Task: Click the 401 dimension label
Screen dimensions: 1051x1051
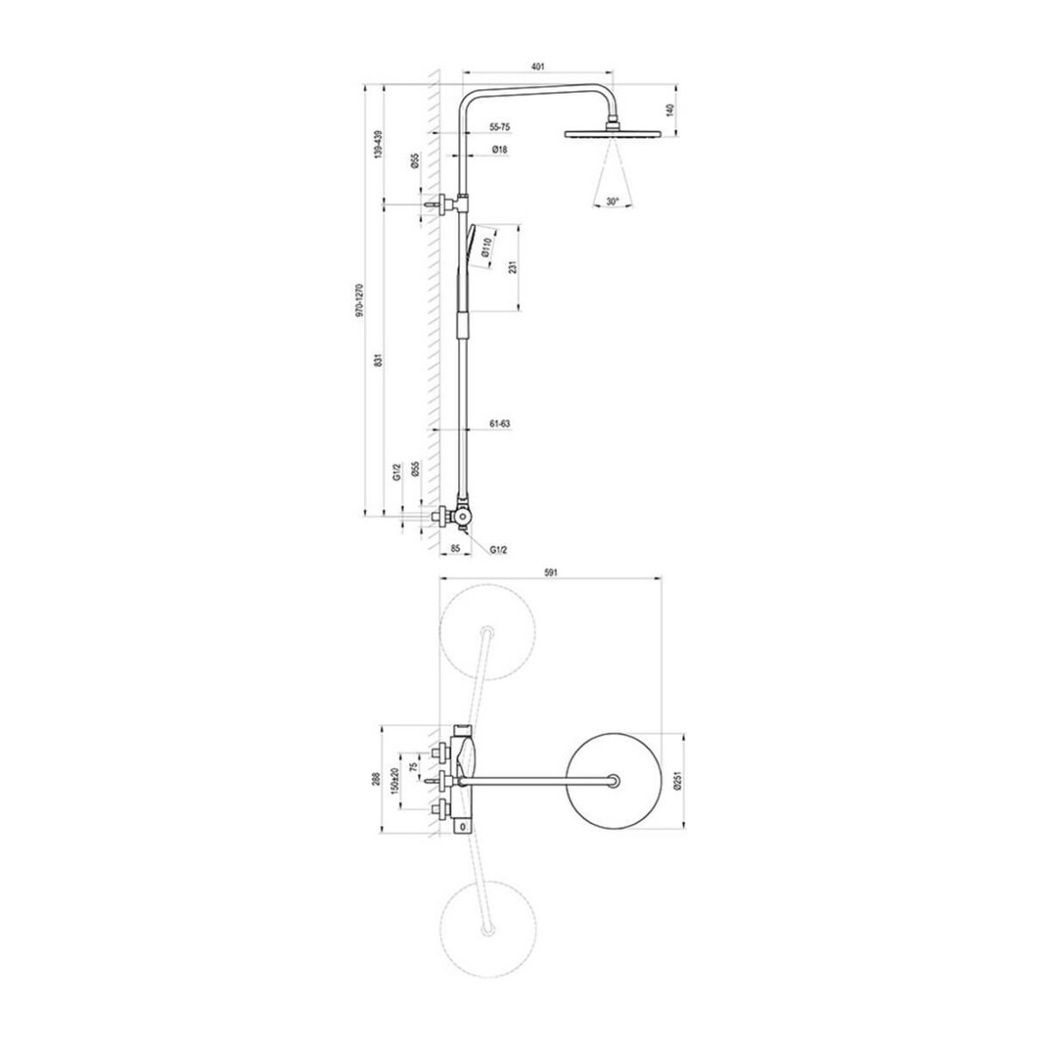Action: click(x=537, y=67)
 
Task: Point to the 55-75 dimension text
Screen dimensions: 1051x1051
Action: click(x=499, y=127)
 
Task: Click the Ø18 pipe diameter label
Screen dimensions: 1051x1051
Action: click(x=499, y=149)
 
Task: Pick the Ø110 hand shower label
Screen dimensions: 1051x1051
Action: click(x=487, y=248)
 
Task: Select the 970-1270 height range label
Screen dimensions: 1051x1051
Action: click(x=360, y=300)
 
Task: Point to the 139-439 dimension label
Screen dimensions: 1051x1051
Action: click(x=376, y=144)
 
